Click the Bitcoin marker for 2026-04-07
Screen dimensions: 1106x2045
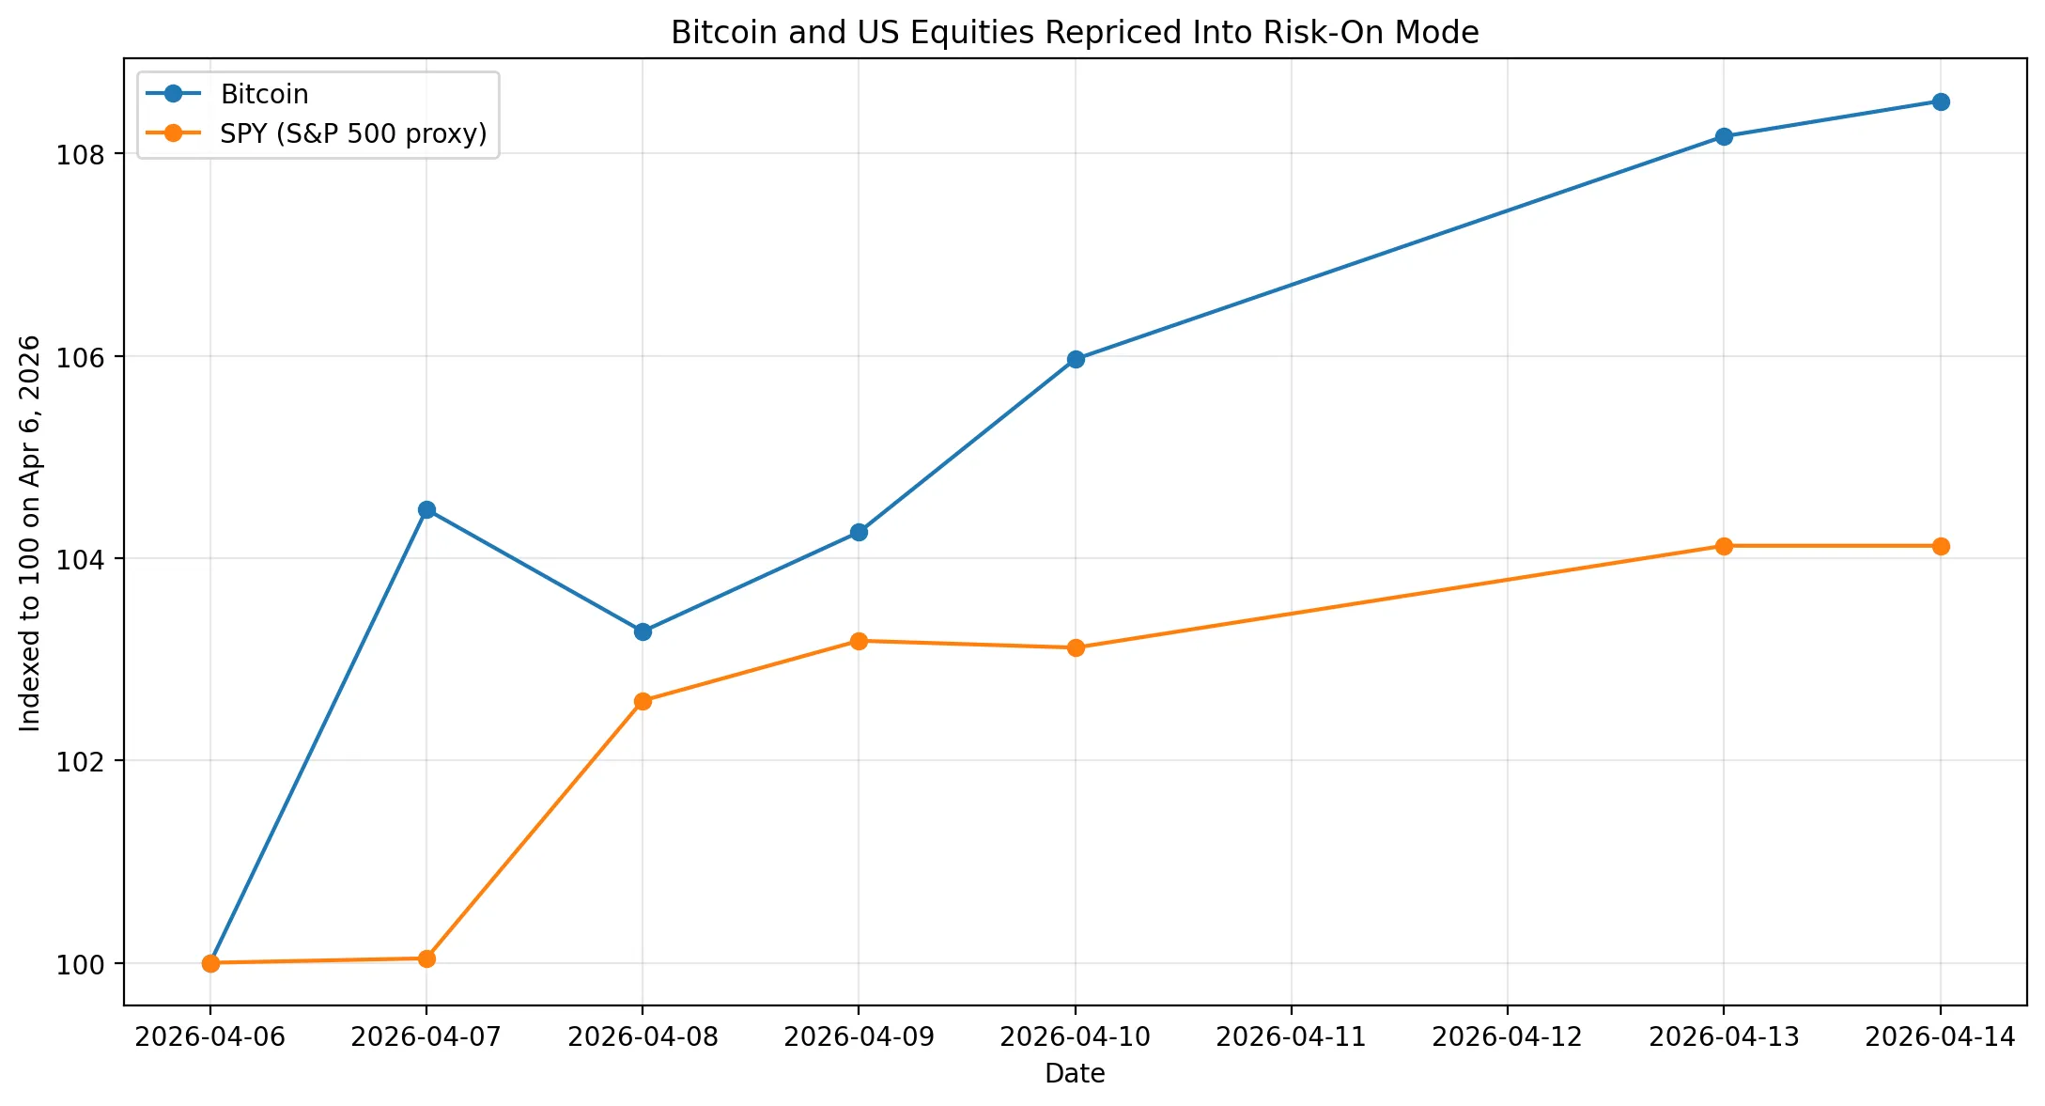point(426,509)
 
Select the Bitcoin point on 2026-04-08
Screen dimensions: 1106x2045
point(643,631)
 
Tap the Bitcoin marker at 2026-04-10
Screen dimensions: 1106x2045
point(1076,359)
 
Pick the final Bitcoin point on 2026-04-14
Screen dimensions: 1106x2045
point(1940,101)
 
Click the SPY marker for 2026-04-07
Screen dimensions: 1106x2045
point(426,958)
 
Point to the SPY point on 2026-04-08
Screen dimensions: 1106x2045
point(643,701)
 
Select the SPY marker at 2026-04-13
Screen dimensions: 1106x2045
point(1724,546)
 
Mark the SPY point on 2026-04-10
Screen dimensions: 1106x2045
point(1076,647)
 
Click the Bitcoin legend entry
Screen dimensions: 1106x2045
point(264,94)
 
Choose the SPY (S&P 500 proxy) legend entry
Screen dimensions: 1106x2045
point(353,133)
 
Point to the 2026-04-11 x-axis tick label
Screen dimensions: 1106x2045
point(1291,1037)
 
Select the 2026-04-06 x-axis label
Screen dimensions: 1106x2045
point(210,1037)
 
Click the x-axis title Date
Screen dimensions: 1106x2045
point(1075,1073)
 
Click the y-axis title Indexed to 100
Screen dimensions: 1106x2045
point(30,532)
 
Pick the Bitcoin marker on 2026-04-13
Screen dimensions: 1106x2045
point(1724,136)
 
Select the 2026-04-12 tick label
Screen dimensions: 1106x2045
point(1507,1037)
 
